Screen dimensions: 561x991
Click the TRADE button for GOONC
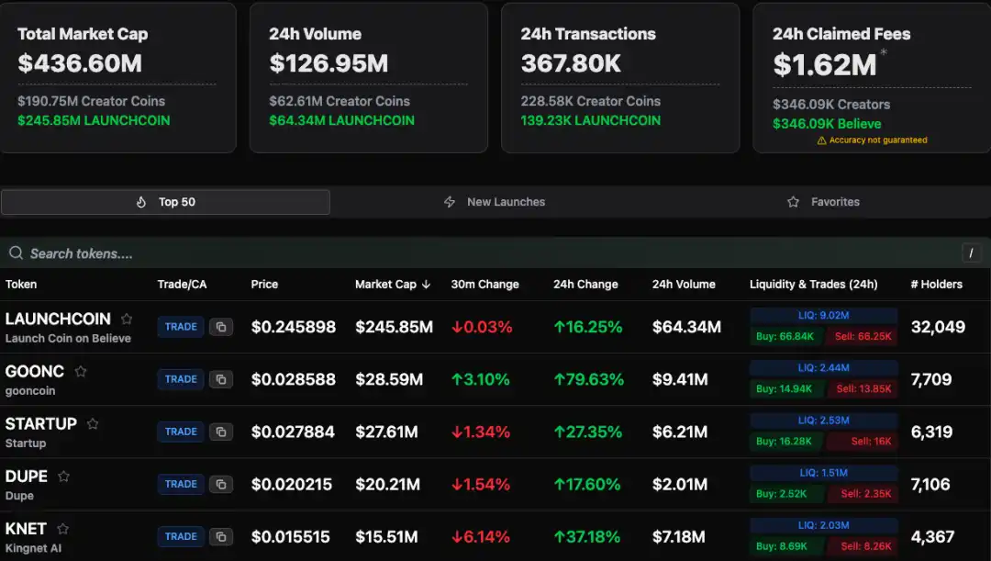click(181, 379)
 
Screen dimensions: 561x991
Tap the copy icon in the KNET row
click(221, 536)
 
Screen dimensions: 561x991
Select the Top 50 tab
click(166, 202)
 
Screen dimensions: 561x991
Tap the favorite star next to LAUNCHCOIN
click(127, 319)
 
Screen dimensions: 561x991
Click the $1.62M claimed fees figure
click(824, 64)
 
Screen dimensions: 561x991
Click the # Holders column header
click(936, 285)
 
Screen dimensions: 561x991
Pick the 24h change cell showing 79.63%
click(588, 379)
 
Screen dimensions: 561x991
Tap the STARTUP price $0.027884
click(293, 432)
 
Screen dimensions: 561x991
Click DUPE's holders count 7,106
click(930, 484)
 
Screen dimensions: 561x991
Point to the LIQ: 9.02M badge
click(823, 315)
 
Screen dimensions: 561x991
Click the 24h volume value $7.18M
click(679, 536)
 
